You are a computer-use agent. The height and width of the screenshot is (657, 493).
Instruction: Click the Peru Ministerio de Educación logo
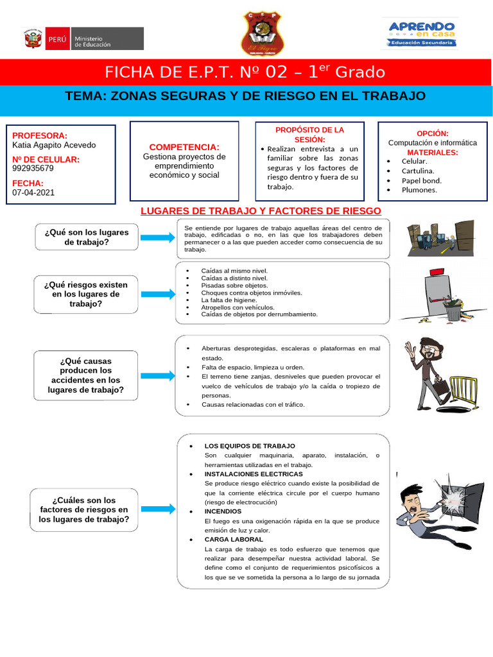83,38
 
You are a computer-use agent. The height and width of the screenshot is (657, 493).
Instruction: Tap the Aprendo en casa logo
422,33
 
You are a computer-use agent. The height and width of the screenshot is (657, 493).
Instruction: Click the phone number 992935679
33,169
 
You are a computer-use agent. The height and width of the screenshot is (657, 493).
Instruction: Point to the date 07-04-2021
33,192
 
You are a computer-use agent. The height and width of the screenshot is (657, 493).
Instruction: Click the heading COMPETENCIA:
184,147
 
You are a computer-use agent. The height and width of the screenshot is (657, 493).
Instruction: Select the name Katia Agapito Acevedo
54,145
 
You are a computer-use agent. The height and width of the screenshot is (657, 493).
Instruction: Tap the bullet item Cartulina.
418,171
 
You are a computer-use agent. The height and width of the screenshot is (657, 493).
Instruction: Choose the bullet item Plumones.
419,190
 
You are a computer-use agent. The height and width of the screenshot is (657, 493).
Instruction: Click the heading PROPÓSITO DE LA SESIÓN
309,134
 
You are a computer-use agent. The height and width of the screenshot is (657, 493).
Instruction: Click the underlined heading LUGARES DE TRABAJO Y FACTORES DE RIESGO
261,211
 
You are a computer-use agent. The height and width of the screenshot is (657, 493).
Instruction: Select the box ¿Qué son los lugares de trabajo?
87,237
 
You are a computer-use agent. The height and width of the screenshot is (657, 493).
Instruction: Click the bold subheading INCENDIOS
223,511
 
